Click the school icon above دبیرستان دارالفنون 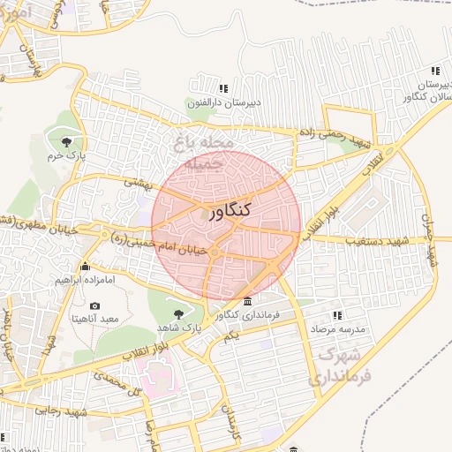click(223, 88)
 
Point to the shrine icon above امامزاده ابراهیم click(85, 266)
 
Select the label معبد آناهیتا click(96, 317)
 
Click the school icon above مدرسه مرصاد click(336, 314)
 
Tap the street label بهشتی click(138, 182)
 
